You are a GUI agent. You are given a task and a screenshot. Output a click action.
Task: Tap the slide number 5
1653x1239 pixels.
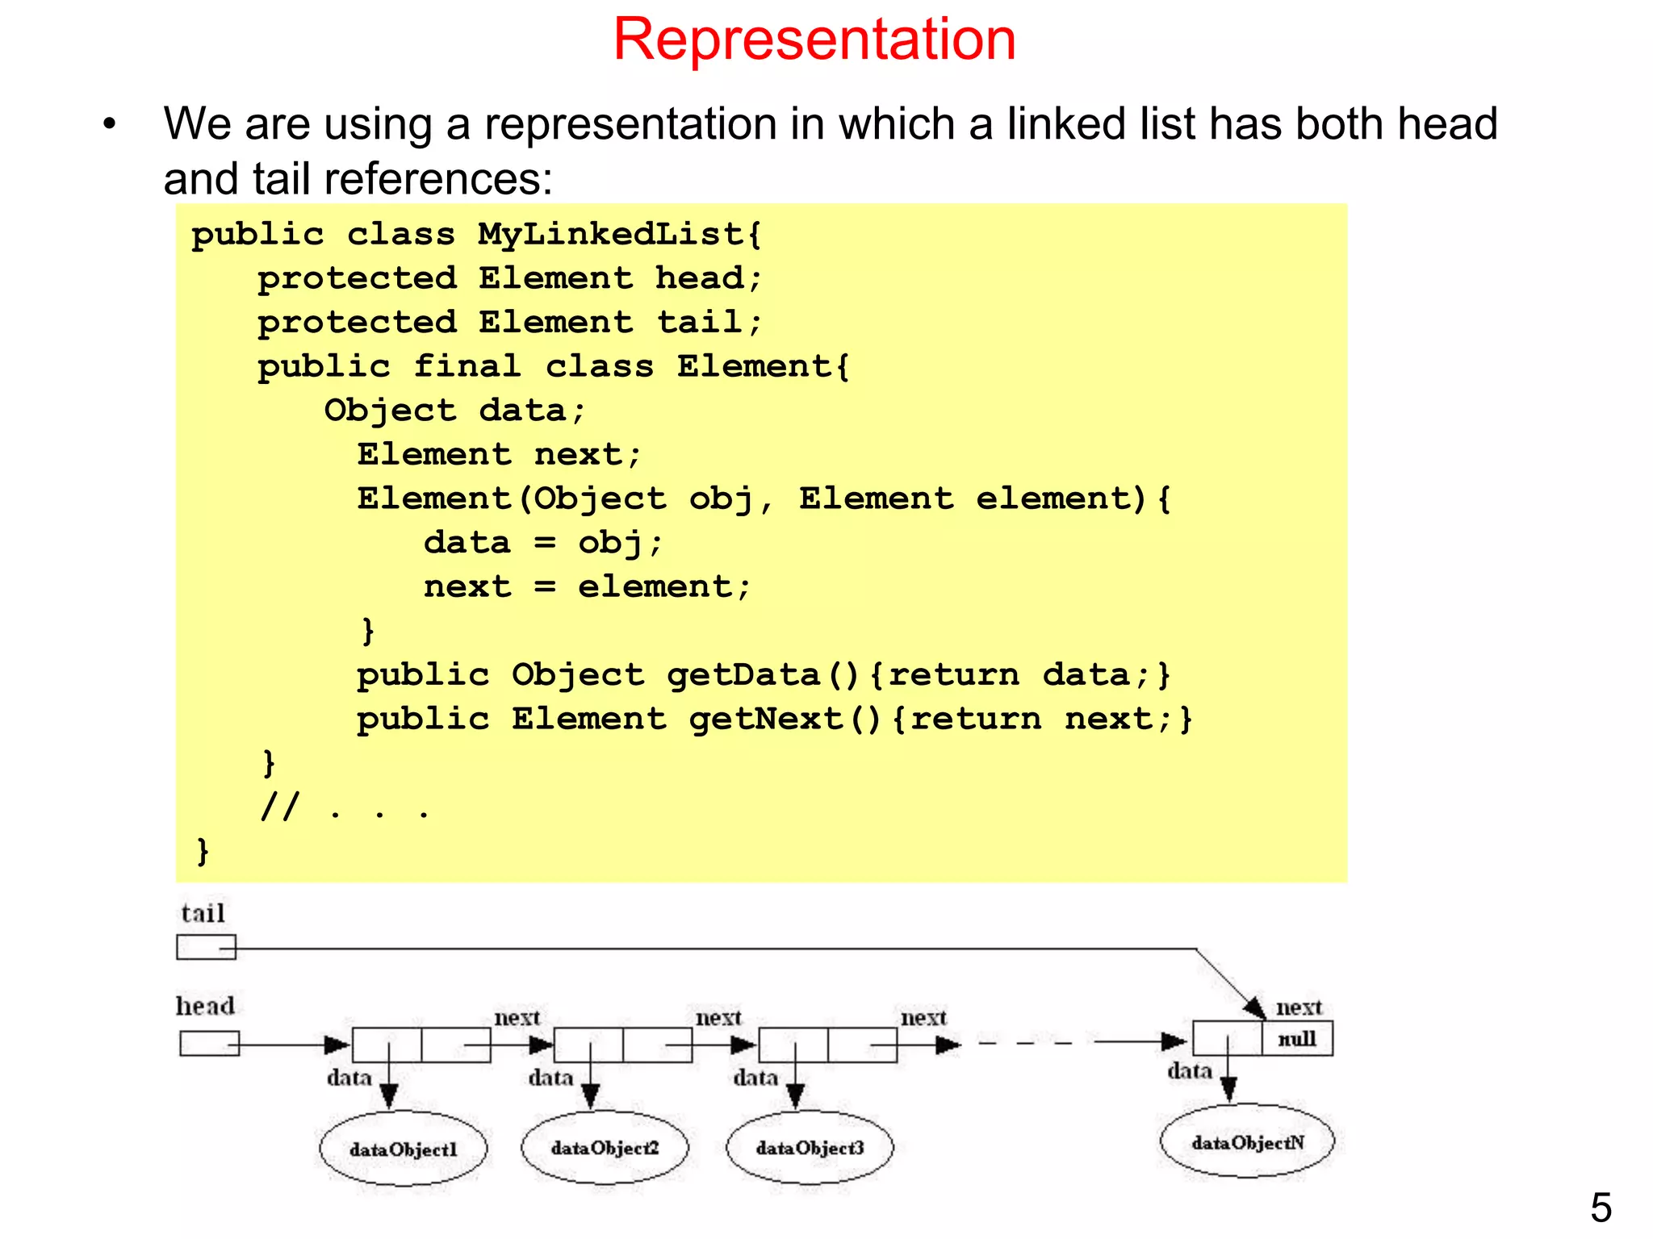pos(1601,1208)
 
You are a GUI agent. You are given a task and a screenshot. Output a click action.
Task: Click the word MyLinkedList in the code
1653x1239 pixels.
pos(610,235)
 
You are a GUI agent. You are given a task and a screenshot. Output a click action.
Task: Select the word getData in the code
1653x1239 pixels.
pos(743,675)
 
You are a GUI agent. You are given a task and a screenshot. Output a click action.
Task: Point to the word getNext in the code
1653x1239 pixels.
pos(765,719)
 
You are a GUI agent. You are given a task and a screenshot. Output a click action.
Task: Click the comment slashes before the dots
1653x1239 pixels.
pos(280,806)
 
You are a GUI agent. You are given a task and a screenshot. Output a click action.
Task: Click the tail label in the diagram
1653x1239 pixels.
pos(203,913)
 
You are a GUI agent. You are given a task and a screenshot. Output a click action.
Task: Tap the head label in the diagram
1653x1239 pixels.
pos(205,1006)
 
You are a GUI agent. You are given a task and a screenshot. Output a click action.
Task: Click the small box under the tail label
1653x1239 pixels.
pos(206,947)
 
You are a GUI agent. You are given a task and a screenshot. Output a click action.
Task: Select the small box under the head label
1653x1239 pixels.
pos(208,1044)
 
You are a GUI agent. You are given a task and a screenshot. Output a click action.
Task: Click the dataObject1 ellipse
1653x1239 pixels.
pos(403,1149)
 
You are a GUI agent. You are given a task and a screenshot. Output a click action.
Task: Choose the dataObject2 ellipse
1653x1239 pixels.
pos(605,1147)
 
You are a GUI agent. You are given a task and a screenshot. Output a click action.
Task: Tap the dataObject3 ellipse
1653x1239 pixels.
pos(810,1147)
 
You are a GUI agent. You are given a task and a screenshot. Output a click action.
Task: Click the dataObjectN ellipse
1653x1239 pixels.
pos(1247,1141)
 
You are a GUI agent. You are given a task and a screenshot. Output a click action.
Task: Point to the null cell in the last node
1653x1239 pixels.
pos(1297,1039)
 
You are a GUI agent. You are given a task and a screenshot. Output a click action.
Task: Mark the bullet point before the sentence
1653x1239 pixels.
pos(110,125)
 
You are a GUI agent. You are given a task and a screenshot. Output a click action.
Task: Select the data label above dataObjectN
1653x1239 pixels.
pos(1189,1071)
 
